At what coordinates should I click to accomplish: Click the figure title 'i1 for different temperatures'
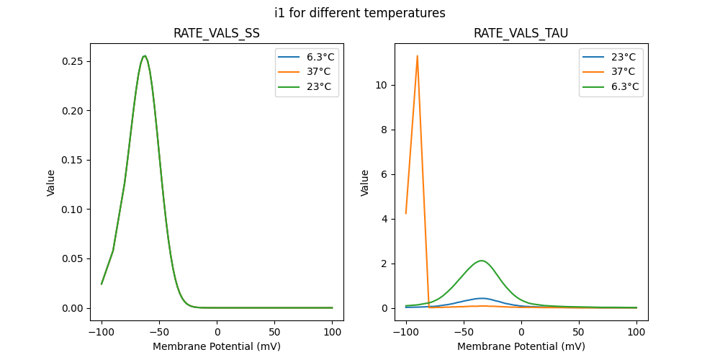360,13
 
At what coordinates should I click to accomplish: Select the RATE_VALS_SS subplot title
217,34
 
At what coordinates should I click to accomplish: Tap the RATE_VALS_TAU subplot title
521,34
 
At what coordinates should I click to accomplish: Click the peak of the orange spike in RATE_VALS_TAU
417,56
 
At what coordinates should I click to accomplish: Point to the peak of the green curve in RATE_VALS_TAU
480,261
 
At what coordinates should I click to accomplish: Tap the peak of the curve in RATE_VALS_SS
145,56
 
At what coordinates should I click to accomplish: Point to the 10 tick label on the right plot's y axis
381,85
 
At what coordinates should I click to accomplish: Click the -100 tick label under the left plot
101,333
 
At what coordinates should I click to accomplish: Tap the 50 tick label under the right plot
579,333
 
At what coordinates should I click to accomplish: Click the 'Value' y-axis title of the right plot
365,183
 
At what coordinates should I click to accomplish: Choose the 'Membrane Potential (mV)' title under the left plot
217,346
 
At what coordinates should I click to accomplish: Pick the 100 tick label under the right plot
636,333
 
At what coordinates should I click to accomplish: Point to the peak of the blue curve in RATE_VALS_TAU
481,298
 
